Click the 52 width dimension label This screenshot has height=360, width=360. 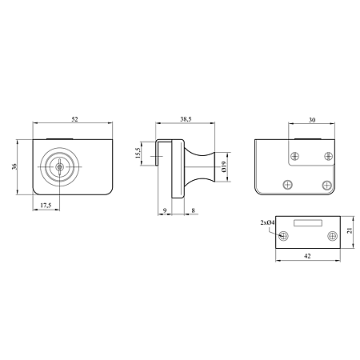(x=74, y=119)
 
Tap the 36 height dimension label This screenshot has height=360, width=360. (x=14, y=166)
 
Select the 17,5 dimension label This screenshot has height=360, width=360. (x=46, y=206)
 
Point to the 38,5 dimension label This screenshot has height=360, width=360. (x=186, y=119)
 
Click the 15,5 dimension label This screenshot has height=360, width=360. (x=138, y=153)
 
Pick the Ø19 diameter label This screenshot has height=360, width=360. (x=224, y=166)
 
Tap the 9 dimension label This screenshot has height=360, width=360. (x=165, y=210)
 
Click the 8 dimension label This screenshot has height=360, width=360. (x=194, y=210)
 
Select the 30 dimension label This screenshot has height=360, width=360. (x=312, y=120)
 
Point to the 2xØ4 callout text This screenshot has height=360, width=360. (x=267, y=222)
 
